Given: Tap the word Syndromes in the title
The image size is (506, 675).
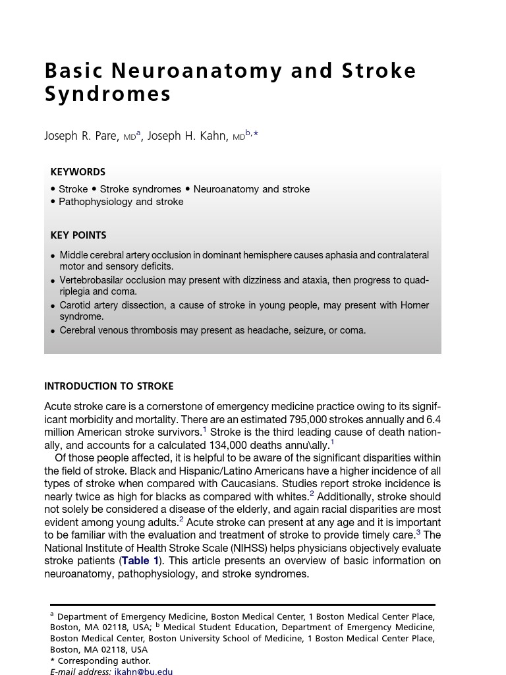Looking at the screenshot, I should click(x=107, y=94).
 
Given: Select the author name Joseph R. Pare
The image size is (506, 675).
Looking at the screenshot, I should click(x=81, y=136).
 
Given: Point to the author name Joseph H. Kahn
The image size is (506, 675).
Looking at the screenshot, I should click(x=188, y=136).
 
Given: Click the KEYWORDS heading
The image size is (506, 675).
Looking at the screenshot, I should click(x=78, y=172).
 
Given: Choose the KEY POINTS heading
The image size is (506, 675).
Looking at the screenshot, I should click(x=78, y=235).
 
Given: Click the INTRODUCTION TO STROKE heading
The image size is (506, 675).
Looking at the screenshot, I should click(x=109, y=386).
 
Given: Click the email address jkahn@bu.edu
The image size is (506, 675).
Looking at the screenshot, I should click(x=143, y=671).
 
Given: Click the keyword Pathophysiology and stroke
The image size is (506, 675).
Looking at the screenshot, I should click(x=121, y=202).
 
